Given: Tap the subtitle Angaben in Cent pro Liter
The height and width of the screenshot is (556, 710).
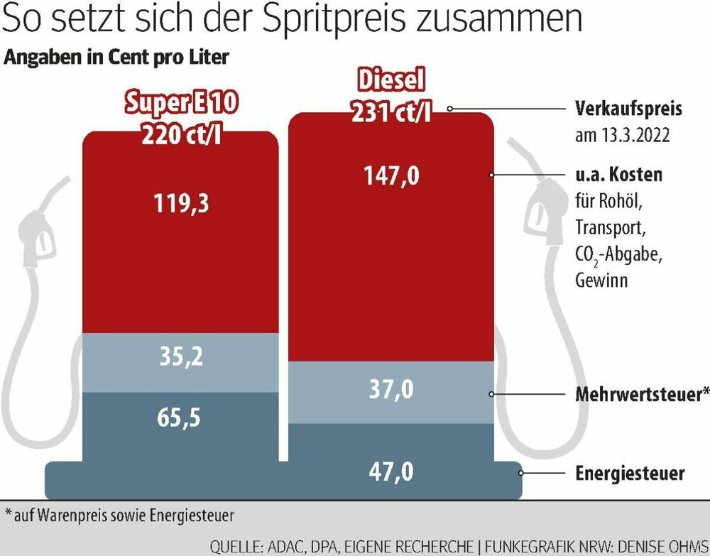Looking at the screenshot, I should [116, 58].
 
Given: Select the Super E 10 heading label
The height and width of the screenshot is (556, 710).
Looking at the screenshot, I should [180, 104].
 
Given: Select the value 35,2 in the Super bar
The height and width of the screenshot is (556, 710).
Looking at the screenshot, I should [180, 356].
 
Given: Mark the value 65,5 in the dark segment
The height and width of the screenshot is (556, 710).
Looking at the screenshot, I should [180, 417].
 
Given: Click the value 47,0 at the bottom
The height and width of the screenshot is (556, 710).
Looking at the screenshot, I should [390, 472].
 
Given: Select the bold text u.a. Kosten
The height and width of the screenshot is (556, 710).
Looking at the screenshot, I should [618, 175].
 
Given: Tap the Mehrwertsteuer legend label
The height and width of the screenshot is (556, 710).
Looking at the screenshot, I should [641, 395].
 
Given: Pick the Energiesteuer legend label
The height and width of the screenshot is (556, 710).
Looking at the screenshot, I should [629, 473].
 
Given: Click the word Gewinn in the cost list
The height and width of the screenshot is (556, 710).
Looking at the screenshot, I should [601, 280].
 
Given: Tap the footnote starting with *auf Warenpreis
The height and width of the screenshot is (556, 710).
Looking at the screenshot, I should [119, 513].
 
